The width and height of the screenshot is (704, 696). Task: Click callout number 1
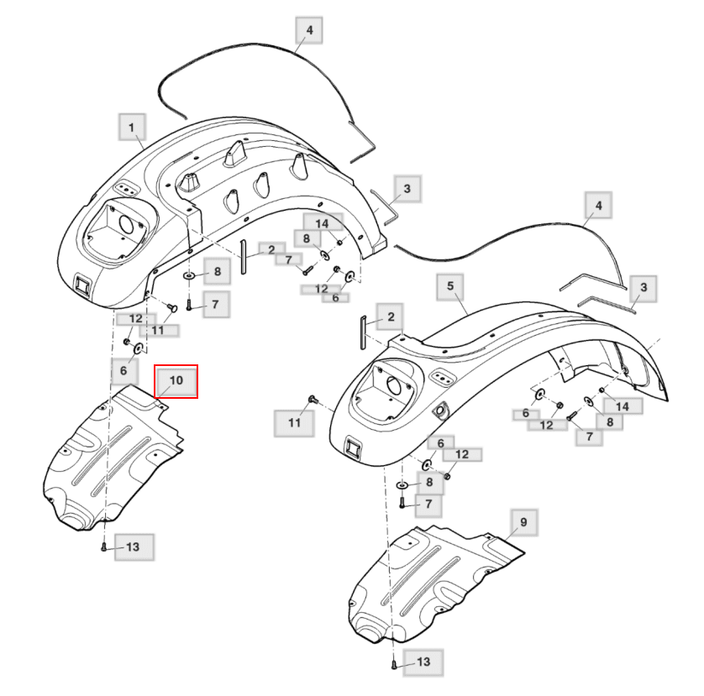[x=132, y=128]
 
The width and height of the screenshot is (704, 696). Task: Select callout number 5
[x=450, y=287]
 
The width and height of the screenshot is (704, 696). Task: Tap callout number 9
[x=524, y=522]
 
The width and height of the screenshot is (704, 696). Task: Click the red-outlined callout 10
[x=176, y=381]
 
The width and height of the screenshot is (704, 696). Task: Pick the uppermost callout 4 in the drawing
[x=309, y=30]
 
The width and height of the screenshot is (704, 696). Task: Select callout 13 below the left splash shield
[x=134, y=547]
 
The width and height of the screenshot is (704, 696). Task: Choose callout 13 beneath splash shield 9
[x=423, y=662]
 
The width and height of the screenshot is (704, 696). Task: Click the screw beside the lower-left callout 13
[x=103, y=547]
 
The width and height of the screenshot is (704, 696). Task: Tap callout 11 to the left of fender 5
[x=294, y=422]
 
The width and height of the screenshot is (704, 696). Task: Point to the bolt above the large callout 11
[x=313, y=400]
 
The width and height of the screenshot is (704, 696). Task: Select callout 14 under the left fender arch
[x=323, y=223]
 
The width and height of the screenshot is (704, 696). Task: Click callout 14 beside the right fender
[x=623, y=406]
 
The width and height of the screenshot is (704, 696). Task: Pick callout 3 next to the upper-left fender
[x=407, y=189]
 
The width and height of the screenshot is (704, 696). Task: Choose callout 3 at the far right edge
[x=643, y=288]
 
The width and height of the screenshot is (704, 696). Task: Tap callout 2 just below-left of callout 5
[x=390, y=317]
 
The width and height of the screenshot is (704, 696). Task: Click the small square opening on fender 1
[x=82, y=285]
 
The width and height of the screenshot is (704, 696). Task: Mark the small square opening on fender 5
[x=352, y=447]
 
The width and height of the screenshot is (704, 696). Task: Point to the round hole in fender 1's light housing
[x=127, y=224]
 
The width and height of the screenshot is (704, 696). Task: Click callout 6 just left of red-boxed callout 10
[x=123, y=370]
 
